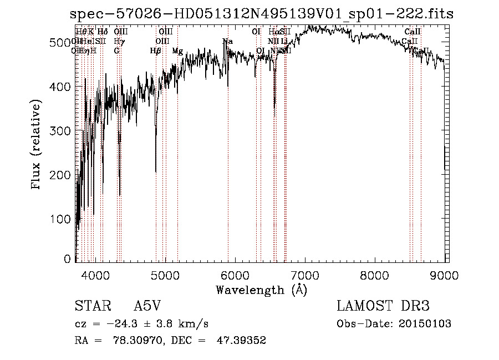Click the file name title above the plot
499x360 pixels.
click(x=262, y=14)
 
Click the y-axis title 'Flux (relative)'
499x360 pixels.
click(x=37, y=146)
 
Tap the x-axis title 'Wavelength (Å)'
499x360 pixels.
click(x=261, y=290)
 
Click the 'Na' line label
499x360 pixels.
click(x=227, y=42)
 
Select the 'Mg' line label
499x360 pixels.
click(x=177, y=51)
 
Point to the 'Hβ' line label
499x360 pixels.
click(x=155, y=51)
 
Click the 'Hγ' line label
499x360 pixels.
click(x=119, y=42)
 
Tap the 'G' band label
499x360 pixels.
click(x=116, y=51)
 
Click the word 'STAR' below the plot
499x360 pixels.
click(x=92, y=306)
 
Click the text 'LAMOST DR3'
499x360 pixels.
click(x=383, y=306)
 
